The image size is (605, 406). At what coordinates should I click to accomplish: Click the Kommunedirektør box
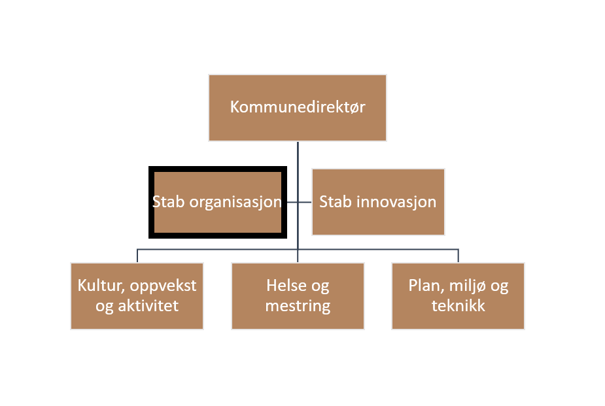(x=298, y=108)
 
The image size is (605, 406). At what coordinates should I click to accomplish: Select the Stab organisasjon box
(x=218, y=202)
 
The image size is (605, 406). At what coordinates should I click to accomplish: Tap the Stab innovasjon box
(x=378, y=202)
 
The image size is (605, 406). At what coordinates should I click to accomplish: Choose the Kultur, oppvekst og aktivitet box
(x=137, y=296)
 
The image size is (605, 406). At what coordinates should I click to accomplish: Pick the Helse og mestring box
(x=298, y=296)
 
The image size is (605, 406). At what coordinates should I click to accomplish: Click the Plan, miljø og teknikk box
(x=458, y=296)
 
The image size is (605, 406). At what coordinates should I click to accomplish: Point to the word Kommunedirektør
(x=298, y=107)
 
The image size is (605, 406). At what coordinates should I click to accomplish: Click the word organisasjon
(x=235, y=203)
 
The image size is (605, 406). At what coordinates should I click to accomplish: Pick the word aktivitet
(x=148, y=306)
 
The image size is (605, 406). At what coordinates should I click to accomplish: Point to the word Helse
(x=286, y=285)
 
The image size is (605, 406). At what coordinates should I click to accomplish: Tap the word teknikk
(x=458, y=306)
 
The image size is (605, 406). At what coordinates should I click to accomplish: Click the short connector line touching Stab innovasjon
(x=305, y=202)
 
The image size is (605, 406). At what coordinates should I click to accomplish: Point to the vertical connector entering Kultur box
(x=137, y=256)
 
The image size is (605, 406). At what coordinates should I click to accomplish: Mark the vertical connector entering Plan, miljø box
(x=458, y=256)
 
